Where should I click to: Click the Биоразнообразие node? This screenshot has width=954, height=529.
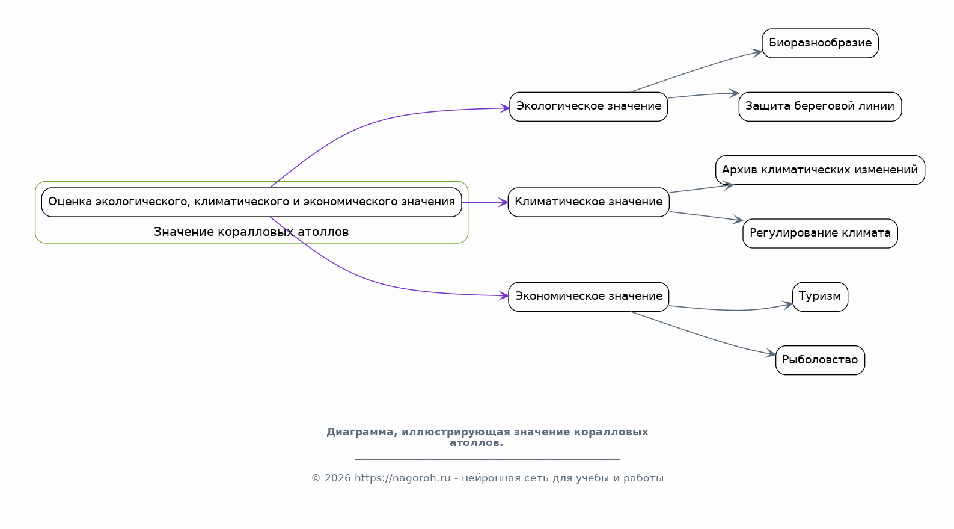[820, 43]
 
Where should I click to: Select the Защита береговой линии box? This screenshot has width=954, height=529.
[820, 107]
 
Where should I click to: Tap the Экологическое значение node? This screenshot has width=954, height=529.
[589, 107]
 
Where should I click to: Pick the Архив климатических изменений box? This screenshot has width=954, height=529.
[820, 170]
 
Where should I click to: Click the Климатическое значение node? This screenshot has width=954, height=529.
[589, 202]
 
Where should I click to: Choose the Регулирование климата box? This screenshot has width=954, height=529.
[820, 233]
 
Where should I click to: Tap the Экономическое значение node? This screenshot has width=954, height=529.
[589, 297]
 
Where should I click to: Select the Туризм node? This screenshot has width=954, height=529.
[820, 297]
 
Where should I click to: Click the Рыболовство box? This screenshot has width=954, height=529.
[820, 360]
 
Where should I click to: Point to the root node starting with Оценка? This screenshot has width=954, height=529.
[251, 202]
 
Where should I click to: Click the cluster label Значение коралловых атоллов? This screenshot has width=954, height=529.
[251, 232]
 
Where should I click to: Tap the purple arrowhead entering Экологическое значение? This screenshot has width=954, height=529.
[505, 108]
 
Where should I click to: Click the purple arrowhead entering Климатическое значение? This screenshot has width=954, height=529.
[503, 202]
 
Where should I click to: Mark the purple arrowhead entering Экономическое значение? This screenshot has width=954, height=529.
[503, 295]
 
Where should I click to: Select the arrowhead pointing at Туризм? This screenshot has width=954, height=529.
[787, 305]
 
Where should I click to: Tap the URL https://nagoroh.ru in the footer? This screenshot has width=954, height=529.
[403, 478]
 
